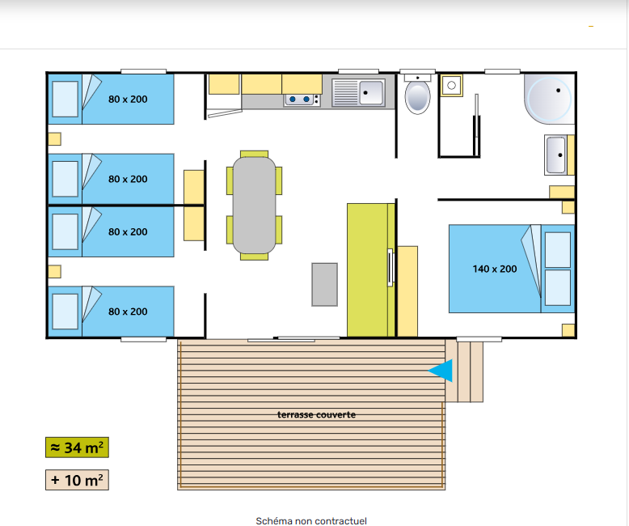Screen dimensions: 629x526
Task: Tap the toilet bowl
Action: tap(418, 97)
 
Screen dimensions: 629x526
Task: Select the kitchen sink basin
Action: tap(371, 93)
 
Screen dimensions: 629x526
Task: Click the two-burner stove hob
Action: tap(302, 100)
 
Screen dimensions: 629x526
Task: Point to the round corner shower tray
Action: tap(549, 99)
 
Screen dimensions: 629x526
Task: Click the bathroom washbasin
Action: tap(555, 155)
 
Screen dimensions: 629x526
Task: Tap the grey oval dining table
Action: tap(255, 206)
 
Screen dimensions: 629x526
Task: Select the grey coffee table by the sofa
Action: tap(324, 285)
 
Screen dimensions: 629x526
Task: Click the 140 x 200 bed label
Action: tap(495, 269)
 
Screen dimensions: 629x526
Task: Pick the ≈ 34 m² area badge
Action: tap(77, 448)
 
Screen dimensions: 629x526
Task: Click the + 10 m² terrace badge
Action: tap(77, 480)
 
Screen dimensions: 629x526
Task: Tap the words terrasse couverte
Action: tap(316, 415)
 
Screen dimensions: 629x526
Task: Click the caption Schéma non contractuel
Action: tap(311, 521)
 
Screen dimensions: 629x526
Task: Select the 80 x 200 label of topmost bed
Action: tap(128, 100)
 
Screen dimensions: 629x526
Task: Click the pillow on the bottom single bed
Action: tap(65, 312)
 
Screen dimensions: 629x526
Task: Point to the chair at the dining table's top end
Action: tap(255, 154)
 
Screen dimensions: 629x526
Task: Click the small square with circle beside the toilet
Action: tap(452, 85)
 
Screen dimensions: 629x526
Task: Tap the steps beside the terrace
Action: tap(464, 371)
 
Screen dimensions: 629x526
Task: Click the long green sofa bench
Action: tap(371, 269)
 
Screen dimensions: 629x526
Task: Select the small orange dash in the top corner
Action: tap(591, 27)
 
